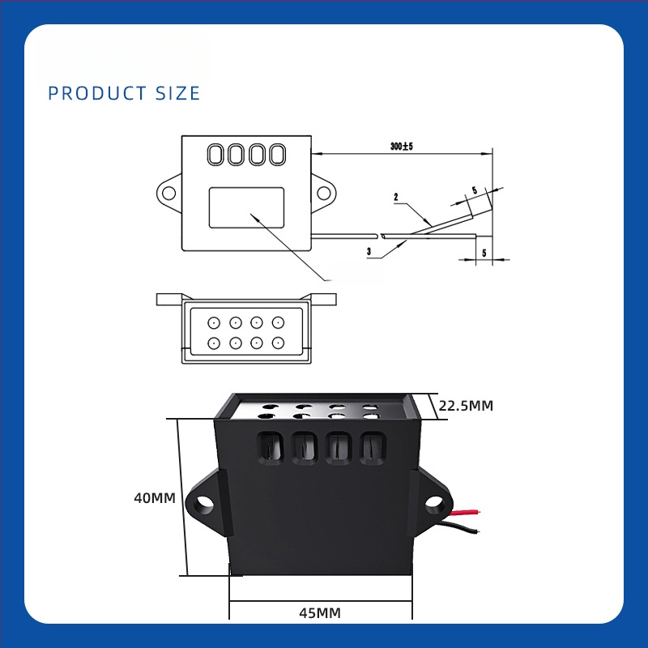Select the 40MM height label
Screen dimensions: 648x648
click(x=155, y=499)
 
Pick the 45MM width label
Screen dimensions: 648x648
click(x=320, y=612)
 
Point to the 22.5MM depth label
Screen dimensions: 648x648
click(x=466, y=406)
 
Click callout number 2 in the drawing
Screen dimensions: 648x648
click(x=395, y=197)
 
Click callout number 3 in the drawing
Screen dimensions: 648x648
click(x=369, y=252)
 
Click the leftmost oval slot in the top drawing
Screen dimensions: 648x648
click(x=216, y=154)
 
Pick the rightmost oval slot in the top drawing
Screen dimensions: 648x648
click(x=277, y=154)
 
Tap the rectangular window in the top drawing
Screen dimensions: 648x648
click(x=246, y=207)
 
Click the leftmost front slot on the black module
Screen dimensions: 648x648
click(x=266, y=446)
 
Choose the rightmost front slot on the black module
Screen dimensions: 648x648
click(x=372, y=446)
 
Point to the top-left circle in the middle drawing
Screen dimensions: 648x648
click(x=214, y=322)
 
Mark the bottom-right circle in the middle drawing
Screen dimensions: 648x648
click(x=278, y=342)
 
